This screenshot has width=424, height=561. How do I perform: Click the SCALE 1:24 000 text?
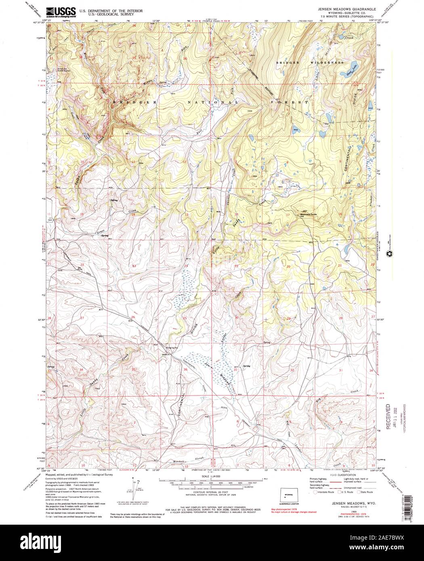(x=211, y=476)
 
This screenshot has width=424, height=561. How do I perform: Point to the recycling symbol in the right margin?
(x=390, y=255)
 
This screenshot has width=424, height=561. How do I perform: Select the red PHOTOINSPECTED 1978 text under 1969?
(x=344, y=510)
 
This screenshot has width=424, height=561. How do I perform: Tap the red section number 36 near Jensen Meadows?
(x=185, y=370)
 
